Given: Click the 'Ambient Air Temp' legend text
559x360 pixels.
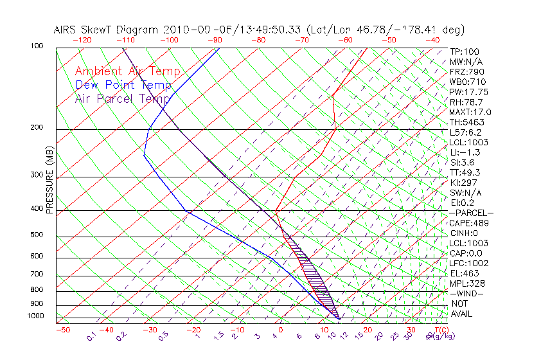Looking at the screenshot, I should [128, 71].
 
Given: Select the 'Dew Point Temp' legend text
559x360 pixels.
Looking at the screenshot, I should [123, 85].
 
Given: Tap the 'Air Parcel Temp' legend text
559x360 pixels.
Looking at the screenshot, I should [123, 98].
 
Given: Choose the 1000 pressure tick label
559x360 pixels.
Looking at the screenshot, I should [36, 316].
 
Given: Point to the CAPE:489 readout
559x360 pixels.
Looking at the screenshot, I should [469, 223].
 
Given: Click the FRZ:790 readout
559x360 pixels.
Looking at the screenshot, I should [467, 71].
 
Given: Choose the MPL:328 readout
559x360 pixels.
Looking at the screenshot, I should [467, 283].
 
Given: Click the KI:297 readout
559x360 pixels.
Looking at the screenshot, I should [464, 183].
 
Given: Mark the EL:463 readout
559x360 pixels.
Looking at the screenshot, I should [464, 273].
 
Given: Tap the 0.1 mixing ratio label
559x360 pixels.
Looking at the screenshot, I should [91, 336].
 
